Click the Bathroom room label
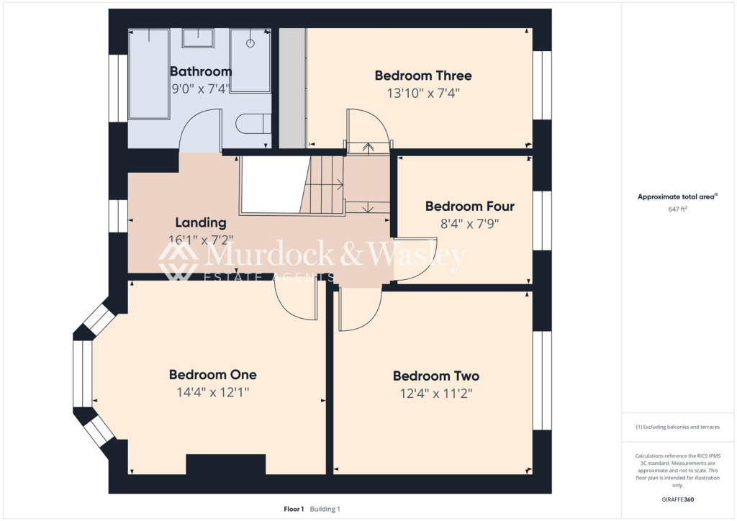[x=201, y=71]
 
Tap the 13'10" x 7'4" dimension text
[x=423, y=93]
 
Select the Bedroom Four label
[x=469, y=206]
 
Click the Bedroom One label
[x=212, y=374]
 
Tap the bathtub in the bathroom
[x=148, y=74]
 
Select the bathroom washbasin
[x=197, y=38]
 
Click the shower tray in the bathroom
[x=250, y=60]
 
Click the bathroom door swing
[x=200, y=130]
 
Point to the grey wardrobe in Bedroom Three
[x=292, y=88]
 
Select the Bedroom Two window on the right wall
[x=542, y=380]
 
